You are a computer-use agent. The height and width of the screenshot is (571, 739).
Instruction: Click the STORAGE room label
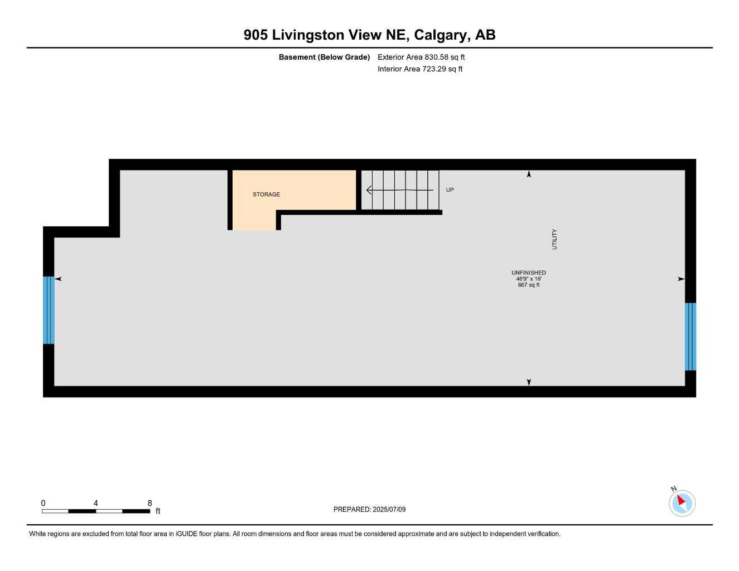pyautogui.click(x=266, y=195)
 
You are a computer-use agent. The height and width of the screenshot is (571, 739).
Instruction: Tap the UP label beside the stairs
pyautogui.click(x=450, y=190)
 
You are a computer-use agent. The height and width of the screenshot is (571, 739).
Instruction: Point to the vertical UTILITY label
pyautogui.click(x=554, y=239)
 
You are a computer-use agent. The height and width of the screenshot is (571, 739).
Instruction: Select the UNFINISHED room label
pyautogui.click(x=528, y=273)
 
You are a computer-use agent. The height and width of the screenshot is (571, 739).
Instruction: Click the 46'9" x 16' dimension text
pyautogui.click(x=528, y=279)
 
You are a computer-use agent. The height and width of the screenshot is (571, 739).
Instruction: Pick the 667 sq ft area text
pyautogui.click(x=528, y=285)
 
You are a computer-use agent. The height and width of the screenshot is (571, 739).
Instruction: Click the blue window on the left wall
pyautogui.click(x=49, y=310)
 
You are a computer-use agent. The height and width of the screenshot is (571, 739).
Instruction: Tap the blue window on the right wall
pyautogui.click(x=690, y=336)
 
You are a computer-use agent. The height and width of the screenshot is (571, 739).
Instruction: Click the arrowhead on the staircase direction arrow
pyautogui.click(x=369, y=190)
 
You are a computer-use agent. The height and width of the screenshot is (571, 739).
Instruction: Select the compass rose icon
pyautogui.click(x=682, y=503)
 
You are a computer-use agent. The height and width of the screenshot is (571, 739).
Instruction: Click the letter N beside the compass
pyautogui.click(x=674, y=489)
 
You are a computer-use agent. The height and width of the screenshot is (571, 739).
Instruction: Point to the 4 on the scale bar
pyautogui.click(x=96, y=503)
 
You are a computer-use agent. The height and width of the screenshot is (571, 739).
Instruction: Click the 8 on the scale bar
pyautogui.click(x=149, y=503)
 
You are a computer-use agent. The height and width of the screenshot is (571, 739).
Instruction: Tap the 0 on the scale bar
pyautogui.click(x=44, y=503)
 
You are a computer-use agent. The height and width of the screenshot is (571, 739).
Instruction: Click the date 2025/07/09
pyautogui.click(x=389, y=509)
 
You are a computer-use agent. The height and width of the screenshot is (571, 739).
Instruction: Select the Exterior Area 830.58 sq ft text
pyautogui.click(x=421, y=57)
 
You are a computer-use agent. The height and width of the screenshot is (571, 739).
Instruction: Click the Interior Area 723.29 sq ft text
pyautogui.click(x=419, y=69)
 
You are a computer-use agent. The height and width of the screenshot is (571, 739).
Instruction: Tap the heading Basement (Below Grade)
pyautogui.click(x=324, y=57)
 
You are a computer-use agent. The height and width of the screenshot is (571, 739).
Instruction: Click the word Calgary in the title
pyautogui.click(x=441, y=35)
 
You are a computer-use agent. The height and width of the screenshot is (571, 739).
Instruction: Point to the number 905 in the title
pyautogui.click(x=255, y=35)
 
